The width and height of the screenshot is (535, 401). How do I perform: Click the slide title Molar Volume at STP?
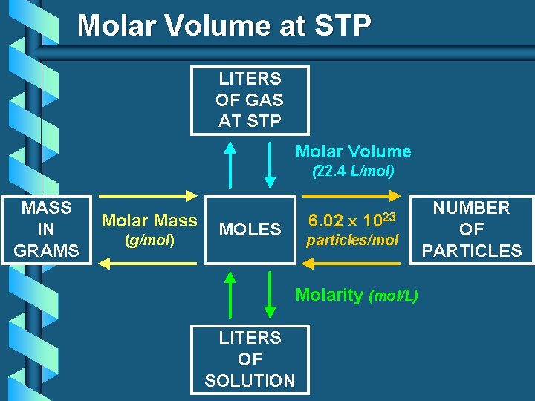click(224, 25)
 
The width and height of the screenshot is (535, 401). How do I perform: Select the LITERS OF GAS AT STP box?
click(250, 100)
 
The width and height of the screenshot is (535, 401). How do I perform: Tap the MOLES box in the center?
click(250, 229)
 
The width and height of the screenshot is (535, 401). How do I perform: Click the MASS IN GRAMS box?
click(46, 229)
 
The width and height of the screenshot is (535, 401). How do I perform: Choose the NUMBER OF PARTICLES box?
click(472, 229)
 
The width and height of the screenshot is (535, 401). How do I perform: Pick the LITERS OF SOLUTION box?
click(250, 359)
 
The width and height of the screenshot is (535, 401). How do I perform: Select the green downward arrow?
click(268, 295)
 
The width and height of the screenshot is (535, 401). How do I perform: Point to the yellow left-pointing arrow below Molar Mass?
click(149, 262)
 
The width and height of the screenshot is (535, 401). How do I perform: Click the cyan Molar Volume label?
click(353, 151)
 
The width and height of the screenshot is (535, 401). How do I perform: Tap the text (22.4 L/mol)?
click(353, 171)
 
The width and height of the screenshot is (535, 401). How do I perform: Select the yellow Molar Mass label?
click(149, 220)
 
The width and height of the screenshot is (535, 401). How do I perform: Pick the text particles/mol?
click(353, 240)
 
